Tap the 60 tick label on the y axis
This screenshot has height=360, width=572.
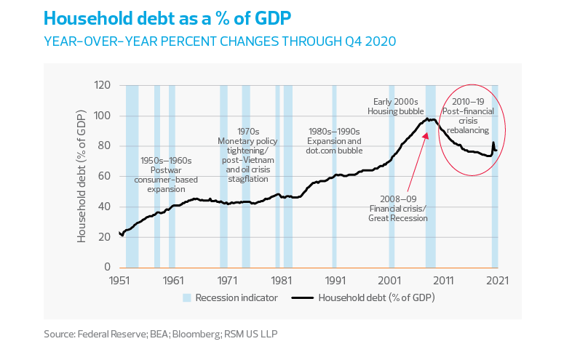[103, 177]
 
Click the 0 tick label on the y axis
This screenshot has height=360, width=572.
[107, 268]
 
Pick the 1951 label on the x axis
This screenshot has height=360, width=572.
[119, 280]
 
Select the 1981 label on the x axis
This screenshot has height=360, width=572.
[282, 280]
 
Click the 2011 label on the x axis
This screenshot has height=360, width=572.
[444, 280]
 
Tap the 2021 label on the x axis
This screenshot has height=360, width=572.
[498, 280]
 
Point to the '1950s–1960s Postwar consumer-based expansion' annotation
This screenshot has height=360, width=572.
[166, 175]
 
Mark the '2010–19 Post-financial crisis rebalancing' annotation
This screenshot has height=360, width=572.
[473, 116]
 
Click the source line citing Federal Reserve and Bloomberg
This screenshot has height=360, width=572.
[161, 335]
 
